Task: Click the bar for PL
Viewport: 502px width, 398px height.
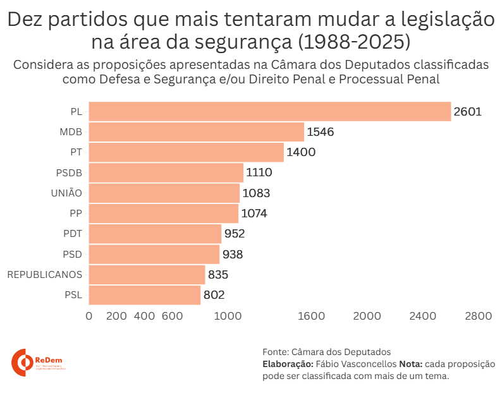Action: [269, 112]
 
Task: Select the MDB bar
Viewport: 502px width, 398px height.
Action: [196, 132]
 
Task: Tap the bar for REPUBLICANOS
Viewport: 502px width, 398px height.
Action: [147, 275]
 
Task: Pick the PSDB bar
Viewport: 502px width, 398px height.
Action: [166, 172]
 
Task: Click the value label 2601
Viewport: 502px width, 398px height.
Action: [468, 112]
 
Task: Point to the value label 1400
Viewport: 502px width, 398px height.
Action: [301, 152]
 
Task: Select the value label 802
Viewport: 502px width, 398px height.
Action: [214, 295]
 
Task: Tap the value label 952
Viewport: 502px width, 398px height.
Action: [234, 234]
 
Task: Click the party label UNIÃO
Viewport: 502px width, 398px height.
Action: [66, 193]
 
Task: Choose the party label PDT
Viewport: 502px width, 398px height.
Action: [73, 234]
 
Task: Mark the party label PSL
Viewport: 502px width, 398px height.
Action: [73, 295]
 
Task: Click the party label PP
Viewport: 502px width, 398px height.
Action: [76, 214]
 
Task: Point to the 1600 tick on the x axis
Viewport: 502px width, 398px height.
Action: [311, 316]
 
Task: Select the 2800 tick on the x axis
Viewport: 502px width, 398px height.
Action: [478, 316]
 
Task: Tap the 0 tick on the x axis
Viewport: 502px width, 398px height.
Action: [89, 316]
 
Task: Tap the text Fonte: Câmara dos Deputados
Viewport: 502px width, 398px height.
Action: [326, 352]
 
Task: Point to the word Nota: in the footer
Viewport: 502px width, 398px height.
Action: [410, 364]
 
